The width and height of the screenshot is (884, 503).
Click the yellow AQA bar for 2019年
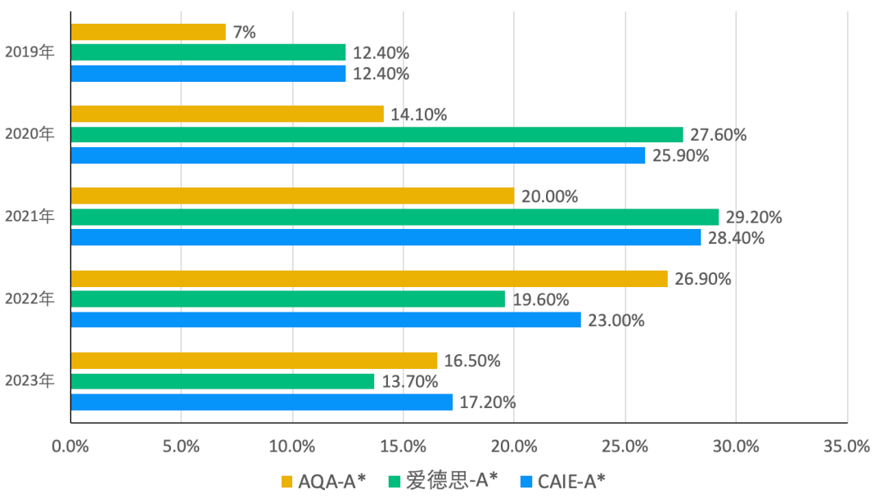147,32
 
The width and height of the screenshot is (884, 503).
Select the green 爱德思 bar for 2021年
395,217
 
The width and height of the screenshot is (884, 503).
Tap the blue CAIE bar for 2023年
261,402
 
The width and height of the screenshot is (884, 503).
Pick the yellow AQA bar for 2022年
369,278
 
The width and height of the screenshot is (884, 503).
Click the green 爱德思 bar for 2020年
377,134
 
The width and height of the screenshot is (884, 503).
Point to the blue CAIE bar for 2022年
326,320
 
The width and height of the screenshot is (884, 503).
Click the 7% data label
245,33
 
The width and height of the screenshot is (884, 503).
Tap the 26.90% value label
703,279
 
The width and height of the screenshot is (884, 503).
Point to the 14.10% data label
419,115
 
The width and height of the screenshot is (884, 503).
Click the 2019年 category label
29,53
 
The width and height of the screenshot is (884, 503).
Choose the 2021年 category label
29,217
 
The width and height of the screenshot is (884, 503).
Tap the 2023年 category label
29,381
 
